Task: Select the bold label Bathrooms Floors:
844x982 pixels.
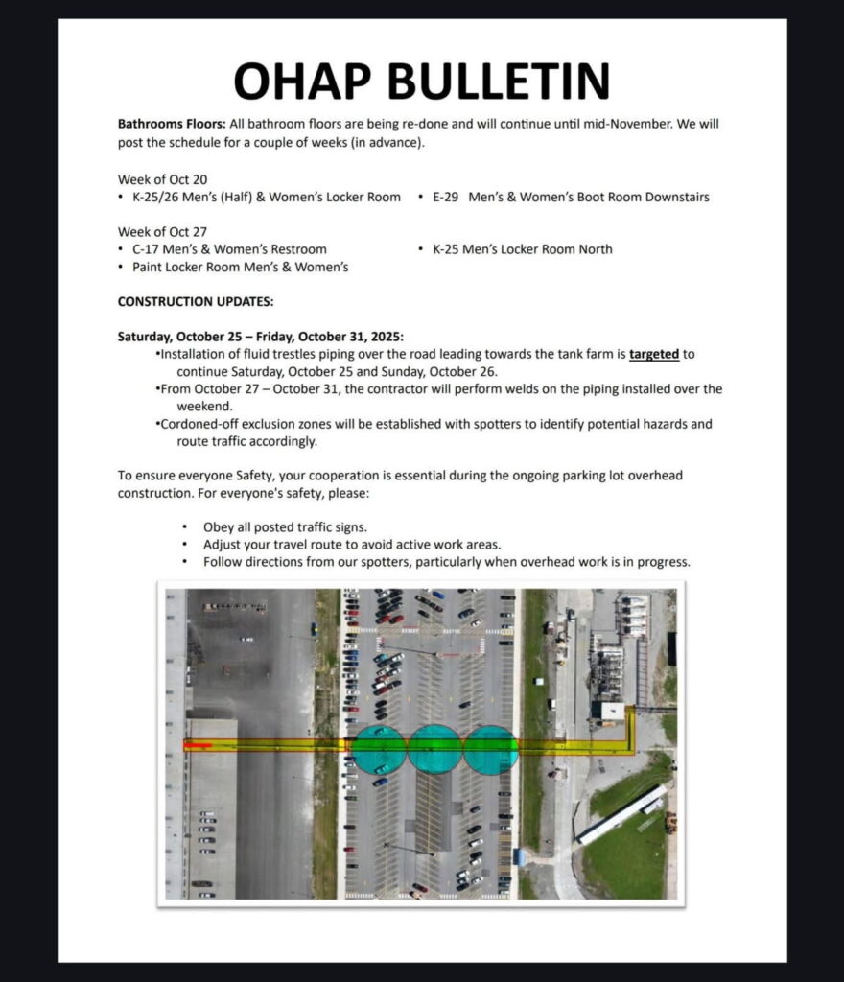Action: tap(172, 125)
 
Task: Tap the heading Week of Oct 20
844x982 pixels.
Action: tap(163, 179)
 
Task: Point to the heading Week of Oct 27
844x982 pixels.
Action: tap(163, 231)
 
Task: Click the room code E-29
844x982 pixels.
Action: tap(446, 198)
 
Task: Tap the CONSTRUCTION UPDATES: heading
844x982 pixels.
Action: tap(196, 301)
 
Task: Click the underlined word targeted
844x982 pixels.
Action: tap(654, 354)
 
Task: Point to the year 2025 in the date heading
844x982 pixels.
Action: tap(386, 337)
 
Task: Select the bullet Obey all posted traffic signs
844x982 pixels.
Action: tap(285, 527)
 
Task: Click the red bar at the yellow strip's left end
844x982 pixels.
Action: tap(198, 745)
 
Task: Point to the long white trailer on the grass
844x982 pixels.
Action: tap(621, 815)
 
